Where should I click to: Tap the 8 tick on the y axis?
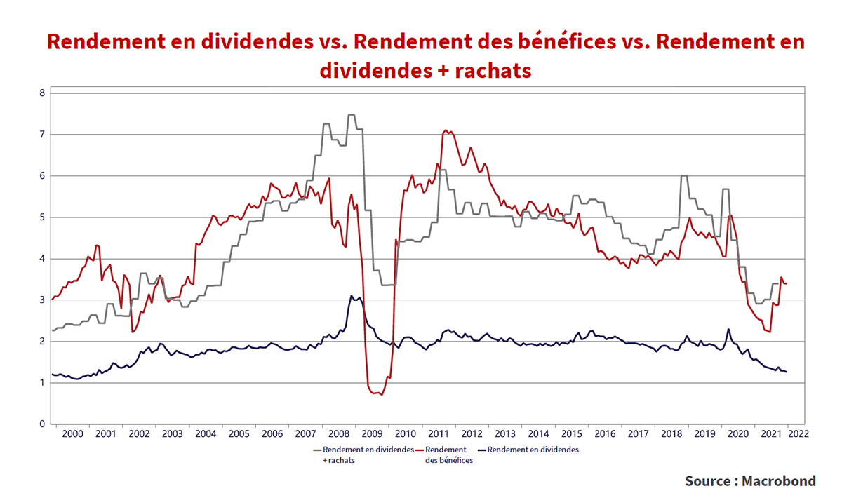tap(41, 93)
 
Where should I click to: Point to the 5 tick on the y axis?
tap(41, 217)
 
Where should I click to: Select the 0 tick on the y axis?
tap(41, 424)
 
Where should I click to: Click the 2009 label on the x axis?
tap(372, 434)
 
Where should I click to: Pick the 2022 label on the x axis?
tap(798, 434)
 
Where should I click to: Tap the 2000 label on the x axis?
tap(72, 434)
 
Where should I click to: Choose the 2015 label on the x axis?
tap(572, 434)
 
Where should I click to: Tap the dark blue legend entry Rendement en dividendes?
tap(532, 450)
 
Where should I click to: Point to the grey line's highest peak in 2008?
tap(351, 114)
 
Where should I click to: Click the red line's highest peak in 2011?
tap(445, 130)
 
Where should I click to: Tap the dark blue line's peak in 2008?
tap(352, 296)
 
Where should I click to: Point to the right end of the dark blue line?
tap(787, 372)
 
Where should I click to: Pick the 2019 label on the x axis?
tap(705, 434)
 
